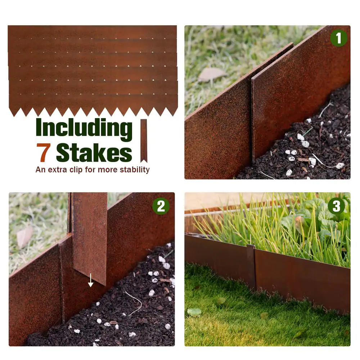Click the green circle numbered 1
pos(338,38)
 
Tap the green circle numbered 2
pos(161,206)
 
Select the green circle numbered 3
pos(336,206)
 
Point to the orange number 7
pos(43,152)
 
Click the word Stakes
pos(94,152)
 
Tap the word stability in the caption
pos(135,170)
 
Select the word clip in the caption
pos(76,170)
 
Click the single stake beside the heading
pos(144,141)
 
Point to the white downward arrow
pos(91,280)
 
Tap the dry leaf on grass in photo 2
pos(24,237)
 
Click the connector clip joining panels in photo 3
pos(251,266)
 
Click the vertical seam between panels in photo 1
pos(252,120)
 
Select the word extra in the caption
pos(57,170)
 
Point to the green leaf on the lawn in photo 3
pos(194,312)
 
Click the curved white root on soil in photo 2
pos(134,300)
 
